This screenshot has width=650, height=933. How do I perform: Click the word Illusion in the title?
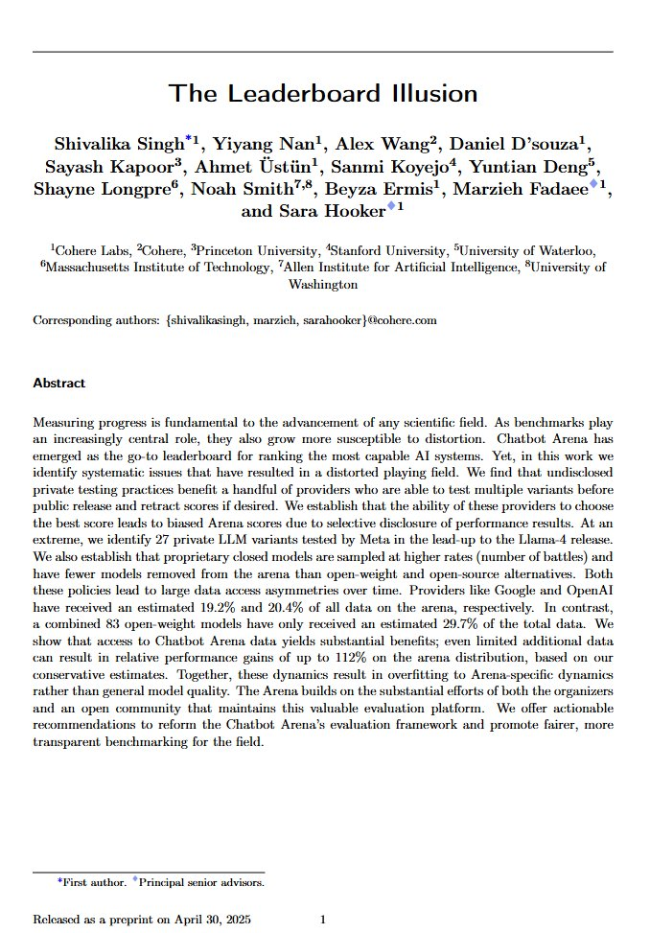tap(429, 94)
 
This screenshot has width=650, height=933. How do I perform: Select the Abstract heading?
tap(58, 384)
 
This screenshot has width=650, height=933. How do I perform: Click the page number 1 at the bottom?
tap(323, 920)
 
